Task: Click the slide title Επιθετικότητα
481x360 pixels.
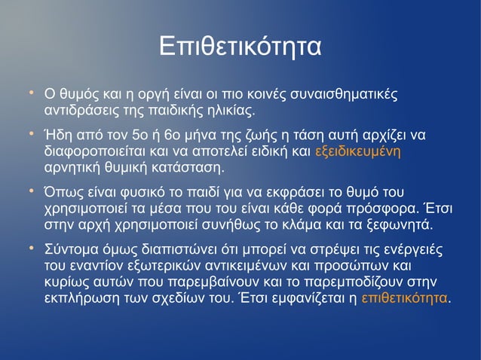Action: (x=240, y=46)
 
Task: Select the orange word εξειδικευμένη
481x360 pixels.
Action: (x=357, y=151)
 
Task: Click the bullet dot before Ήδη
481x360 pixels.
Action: (x=32, y=134)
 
